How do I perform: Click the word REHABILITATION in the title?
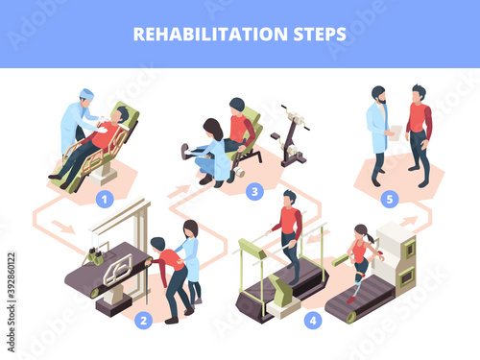point(210,34)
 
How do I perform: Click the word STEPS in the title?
point(320,34)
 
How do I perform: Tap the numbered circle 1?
point(105,199)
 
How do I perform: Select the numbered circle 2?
point(144,321)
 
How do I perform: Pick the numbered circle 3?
point(254,192)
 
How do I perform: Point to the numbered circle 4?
point(313,321)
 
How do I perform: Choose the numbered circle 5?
point(390,199)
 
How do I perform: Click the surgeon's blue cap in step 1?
point(86,94)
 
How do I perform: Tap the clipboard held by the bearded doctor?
point(396,133)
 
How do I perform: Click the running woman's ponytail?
point(371,238)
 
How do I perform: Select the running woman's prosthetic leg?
point(357,286)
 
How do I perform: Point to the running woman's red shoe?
point(351,300)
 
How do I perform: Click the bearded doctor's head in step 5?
point(379,94)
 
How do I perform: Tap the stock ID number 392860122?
point(12,276)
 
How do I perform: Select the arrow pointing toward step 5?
point(409,221)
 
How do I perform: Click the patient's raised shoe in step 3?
point(185,152)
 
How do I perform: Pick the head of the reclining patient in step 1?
point(121,114)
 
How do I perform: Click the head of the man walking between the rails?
point(290,198)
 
